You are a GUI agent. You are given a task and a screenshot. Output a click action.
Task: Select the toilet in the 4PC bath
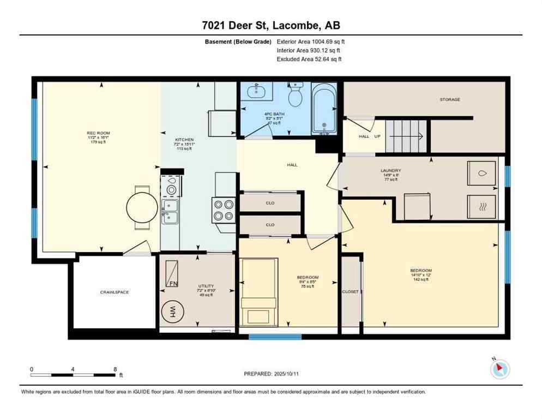click(x=295, y=96)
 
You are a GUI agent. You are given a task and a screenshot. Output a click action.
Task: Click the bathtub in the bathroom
click(x=324, y=108)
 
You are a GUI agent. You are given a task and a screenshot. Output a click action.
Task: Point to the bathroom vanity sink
click(x=256, y=92)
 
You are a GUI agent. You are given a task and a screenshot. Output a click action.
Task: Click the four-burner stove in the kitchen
click(x=224, y=210)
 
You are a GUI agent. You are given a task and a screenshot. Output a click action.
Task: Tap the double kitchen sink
click(x=171, y=211)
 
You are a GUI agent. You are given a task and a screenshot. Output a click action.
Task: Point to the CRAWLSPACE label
click(x=115, y=292)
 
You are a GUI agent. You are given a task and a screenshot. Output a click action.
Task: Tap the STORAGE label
click(x=450, y=99)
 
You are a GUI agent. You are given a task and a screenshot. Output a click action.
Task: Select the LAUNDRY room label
click(x=390, y=170)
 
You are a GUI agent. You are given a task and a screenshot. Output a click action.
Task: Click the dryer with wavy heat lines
click(x=481, y=207)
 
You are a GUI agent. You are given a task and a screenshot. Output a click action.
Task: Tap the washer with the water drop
click(x=481, y=173)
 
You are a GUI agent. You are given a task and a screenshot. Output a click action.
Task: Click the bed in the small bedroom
click(x=260, y=292)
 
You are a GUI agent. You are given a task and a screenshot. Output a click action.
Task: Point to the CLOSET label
click(x=351, y=292)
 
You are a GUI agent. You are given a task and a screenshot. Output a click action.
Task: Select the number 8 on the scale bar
click(x=115, y=369)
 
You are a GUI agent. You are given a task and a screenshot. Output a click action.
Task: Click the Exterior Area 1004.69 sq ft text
click(x=311, y=41)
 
